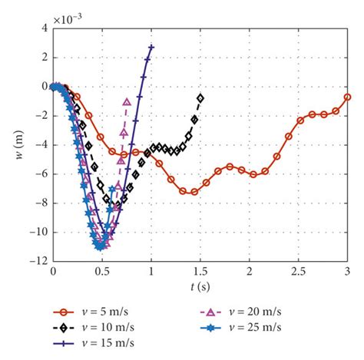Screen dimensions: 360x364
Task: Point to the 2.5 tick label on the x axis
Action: [x=299, y=272]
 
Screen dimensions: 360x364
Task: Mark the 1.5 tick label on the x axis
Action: [x=200, y=272]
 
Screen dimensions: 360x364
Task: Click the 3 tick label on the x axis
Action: [x=348, y=272]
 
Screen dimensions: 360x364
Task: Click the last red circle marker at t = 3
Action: [x=348, y=97]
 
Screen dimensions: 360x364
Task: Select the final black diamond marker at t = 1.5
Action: [x=200, y=98]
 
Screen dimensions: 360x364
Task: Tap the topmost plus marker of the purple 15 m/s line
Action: [x=151, y=48]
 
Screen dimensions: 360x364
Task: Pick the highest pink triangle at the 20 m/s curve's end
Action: [x=127, y=101]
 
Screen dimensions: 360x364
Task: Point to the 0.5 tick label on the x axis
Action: [x=102, y=272]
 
